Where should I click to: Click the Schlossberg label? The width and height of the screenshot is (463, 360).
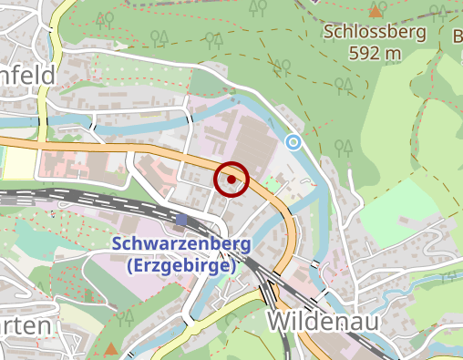pyautogui.click(x=375, y=33)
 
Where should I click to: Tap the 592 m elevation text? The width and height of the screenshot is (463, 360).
pyautogui.click(x=375, y=53)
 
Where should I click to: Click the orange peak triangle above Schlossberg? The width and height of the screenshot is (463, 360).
pyautogui.click(x=376, y=11)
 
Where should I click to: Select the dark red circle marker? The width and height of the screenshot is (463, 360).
pyautogui.click(x=231, y=180)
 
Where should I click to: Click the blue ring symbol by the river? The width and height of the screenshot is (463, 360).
pyautogui.click(x=293, y=142)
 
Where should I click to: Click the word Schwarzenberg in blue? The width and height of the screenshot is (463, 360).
pyautogui.click(x=174, y=244)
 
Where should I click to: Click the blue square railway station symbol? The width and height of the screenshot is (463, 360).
pyautogui.click(x=182, y=220)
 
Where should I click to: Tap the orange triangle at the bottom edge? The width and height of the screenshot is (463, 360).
pyautogui.click(x=111, y=348)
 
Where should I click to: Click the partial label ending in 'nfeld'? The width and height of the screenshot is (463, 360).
pyautogui.click(x=27, y=74)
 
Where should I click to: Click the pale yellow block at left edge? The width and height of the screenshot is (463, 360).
pyautogui.click(x=18, y=162)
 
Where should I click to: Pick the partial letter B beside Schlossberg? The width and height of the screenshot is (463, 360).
pyautogui.click(x=458, y=36)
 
